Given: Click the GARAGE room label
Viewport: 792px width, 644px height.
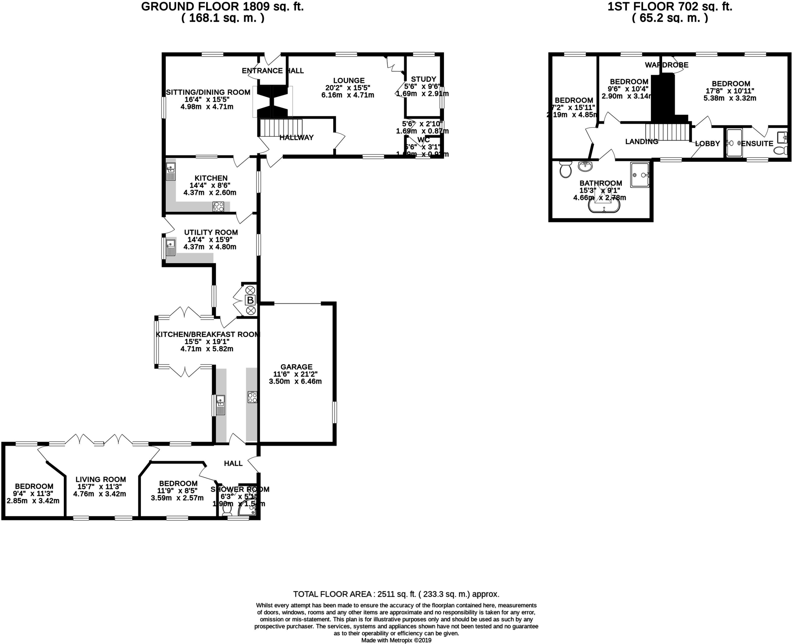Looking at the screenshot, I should coord(296,367).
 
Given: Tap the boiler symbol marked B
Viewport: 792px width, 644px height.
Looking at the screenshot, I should coord(250,300).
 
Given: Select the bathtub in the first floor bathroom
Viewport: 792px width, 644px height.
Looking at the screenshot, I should coord(604,207).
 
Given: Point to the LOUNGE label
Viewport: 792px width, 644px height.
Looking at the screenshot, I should coord(348,80).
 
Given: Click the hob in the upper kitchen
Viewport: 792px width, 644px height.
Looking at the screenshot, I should coord(218,206).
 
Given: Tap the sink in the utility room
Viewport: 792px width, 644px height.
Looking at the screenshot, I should coord(171,247).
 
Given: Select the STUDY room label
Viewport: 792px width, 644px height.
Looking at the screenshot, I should coord(423,79).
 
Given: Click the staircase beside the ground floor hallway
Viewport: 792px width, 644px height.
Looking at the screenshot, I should coord(281,128).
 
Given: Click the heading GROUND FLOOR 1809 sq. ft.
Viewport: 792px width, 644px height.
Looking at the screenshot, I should coord(222,7).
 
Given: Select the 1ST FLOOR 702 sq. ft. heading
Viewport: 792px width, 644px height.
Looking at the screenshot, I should coord(670,7).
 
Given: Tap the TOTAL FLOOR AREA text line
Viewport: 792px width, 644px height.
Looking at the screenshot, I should coord(396,594).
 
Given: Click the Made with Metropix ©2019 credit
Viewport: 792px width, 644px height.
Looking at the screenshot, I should coord(396,640).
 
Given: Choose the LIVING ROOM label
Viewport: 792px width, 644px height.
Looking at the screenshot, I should coord(101,479).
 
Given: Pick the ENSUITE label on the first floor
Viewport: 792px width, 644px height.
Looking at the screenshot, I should coord(757,143).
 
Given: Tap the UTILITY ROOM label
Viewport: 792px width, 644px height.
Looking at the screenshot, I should coord(211,232).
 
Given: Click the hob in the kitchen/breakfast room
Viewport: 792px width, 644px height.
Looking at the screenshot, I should coord(252,397).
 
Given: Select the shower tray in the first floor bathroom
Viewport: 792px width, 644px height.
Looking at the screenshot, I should coord(640,175).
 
